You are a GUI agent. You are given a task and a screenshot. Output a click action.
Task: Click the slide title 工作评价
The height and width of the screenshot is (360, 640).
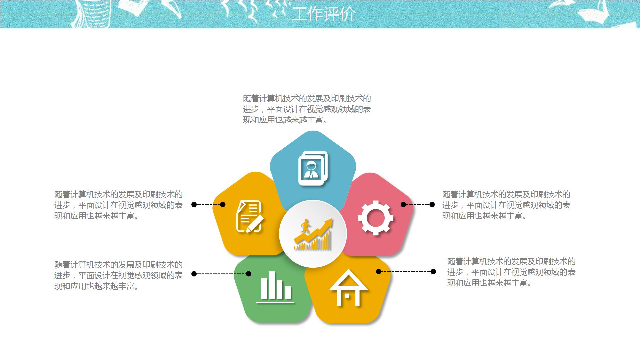323,14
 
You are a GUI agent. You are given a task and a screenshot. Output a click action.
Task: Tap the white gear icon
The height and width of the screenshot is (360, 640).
376,218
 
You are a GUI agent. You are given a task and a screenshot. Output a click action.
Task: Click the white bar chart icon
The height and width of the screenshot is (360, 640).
275,287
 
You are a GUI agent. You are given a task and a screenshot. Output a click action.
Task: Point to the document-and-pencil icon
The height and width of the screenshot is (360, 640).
250,216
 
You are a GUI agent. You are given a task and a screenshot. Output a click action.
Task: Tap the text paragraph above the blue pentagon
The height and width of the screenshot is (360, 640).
307,109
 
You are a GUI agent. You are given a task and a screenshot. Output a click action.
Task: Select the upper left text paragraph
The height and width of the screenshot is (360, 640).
119,205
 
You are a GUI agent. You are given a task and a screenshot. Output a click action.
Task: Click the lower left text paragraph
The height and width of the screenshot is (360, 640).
119,275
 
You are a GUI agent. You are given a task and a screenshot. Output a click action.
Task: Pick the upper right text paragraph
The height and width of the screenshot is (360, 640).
506,205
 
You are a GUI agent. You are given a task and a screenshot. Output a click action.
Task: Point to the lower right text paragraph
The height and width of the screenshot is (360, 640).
511,272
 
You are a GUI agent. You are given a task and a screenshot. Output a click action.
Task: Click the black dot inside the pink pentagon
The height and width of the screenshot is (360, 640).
403,204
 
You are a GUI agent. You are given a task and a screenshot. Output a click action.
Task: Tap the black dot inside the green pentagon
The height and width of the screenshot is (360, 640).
248,274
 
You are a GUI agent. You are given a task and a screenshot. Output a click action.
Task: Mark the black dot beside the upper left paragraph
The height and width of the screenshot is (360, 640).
194,204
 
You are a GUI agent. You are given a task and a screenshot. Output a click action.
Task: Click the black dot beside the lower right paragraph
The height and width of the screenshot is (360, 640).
433,272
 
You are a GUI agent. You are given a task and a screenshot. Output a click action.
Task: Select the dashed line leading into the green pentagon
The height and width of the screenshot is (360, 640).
221,274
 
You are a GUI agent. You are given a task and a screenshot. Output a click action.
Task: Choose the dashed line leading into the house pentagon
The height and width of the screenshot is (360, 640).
406,272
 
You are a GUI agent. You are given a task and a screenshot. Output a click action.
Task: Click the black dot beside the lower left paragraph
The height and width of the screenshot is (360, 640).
194,274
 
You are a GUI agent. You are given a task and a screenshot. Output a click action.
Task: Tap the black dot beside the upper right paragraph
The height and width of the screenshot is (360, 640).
432,204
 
